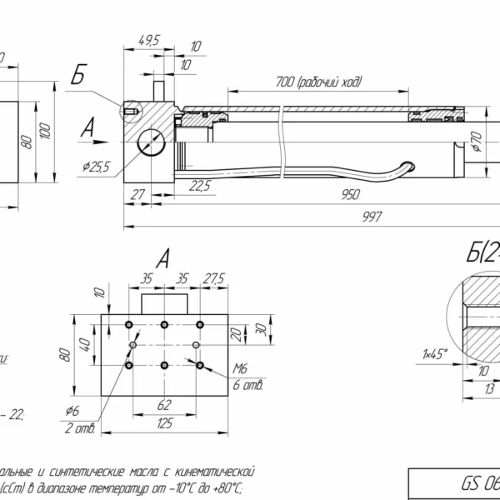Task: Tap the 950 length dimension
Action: (350, 195)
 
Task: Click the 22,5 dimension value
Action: (199, 185)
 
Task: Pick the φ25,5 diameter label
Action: (97, 167)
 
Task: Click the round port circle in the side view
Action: (151, 142)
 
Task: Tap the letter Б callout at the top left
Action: (77, 77)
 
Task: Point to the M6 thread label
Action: (241, 367)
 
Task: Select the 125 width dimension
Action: (164, 423)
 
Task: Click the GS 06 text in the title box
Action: (479, 483)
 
